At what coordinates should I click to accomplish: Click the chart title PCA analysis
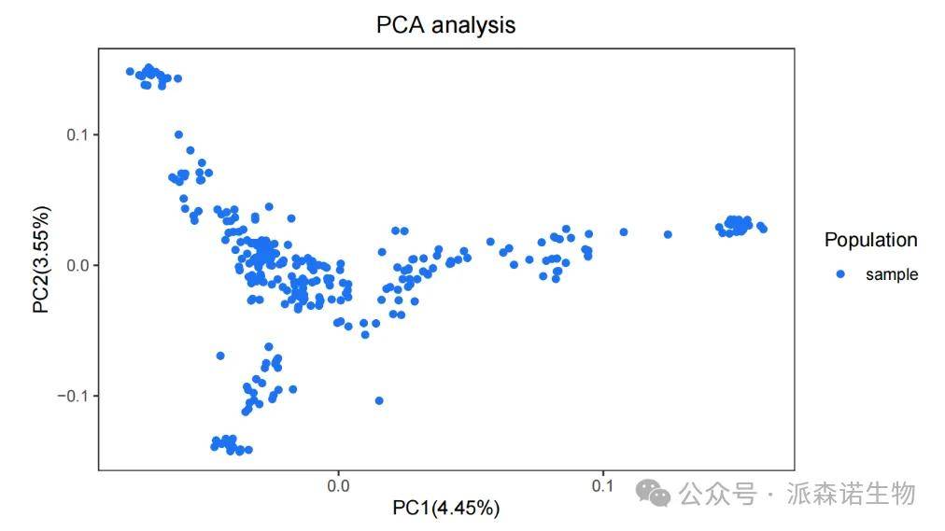pyautogui.click(x=445, y=25)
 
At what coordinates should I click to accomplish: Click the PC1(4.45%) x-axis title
pyautogui.click(x=445, y=508)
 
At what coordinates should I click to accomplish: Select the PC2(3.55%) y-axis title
pyautogui.click(x=42, y=259)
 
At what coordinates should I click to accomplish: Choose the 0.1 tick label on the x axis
pyautogui.click(x=602, y=485)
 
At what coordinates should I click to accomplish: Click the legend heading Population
pyautogui.click(x=870, y=240)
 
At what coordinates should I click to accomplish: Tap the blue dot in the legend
pyautogui.click(x=840, y=274)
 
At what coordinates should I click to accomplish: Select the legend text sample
pyautogui.click(x=892, y=274)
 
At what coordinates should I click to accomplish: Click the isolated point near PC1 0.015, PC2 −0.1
pyautogui.click(x=379, y=400)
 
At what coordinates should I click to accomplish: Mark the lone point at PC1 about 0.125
pyautogui.click(x=668, y=234)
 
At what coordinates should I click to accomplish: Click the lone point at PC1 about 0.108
pyautogui.click(x=624, y=231)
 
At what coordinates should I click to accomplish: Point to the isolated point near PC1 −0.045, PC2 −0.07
pyautogui.click(x=220, y=356)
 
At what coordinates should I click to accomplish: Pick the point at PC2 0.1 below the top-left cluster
pyautogui.click(x=178, y=134)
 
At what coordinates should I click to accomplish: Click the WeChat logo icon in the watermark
pyautogui.click(x=654, y=493)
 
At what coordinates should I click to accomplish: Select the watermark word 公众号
pyautogui.click(x=717, y=493)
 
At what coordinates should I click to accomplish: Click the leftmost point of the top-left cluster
pyautogui.click(x=131, y=71)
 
